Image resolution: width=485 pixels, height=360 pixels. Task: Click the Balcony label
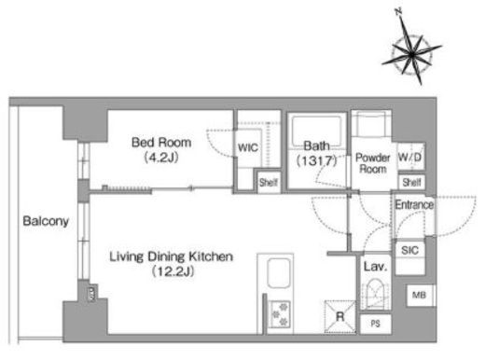[46, 221]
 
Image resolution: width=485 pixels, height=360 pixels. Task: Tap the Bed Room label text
[161, 143]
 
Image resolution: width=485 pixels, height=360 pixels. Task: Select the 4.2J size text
[161, 158]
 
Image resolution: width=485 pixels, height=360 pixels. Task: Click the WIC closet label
[248, 147]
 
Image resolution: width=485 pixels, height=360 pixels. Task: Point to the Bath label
[316, 145]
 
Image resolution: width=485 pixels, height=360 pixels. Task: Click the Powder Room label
[373, 163]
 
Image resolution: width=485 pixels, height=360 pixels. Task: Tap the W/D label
[410, 157]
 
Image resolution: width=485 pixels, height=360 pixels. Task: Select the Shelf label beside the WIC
[269, 182]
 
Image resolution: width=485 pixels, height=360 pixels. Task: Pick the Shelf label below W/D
[411, 182]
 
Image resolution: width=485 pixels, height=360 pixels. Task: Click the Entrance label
[414, 204]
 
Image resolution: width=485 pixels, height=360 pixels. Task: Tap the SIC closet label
[409, 250]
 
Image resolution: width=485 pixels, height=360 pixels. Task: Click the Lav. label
[376, 267]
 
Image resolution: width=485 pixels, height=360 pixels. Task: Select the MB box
[419, 295]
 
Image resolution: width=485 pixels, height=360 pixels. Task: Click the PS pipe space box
[376, 324]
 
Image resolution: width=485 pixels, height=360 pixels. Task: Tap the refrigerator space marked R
[340, 317]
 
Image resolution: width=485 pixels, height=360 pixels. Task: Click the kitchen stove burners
[280, 314]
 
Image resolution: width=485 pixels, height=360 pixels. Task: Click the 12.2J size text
[173, 271]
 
